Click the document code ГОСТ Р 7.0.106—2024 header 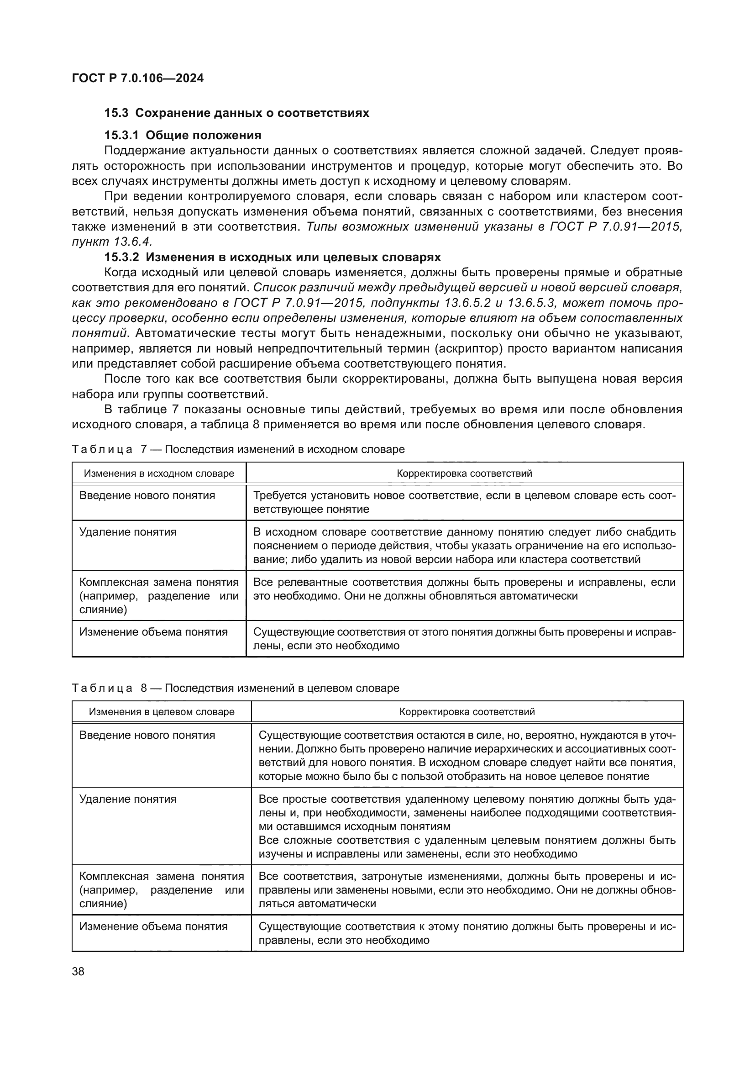pos(137,78)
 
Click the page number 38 pos(78,971)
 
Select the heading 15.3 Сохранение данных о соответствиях pos(236,113)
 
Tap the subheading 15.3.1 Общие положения pos(183,135)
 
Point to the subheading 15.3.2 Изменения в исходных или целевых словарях pos(273,257)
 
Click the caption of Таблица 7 pos(238,449)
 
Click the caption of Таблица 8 pos(235,688)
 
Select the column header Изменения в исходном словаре pos(159,473)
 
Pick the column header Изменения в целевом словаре pos(161,712)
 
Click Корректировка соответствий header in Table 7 pos(464,473)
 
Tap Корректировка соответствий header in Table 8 pos(467,712)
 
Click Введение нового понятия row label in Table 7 pos(147,495)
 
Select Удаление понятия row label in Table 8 pos(128,799)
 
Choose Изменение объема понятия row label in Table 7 pos(153,632)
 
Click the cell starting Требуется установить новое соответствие pos(464,502)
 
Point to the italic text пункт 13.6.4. pos(111,242)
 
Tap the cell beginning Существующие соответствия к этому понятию pos(467,933)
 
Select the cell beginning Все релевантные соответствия pos(464,589)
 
